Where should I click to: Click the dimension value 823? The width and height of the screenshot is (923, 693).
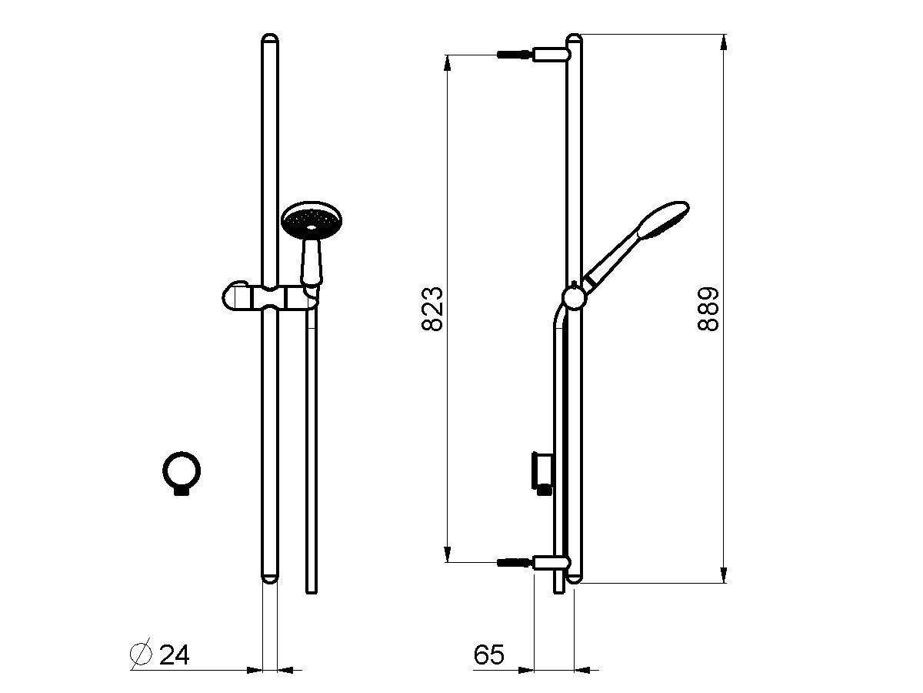pyautogui.click(x=434, y=309)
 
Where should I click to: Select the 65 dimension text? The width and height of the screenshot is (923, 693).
pyautogui.click(x=488, y=655)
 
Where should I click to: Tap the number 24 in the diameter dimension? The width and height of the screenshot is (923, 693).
pyautogui.click(x=174, y=655)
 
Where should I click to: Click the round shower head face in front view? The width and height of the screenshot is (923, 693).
pyautogui.click(x=311, y=219)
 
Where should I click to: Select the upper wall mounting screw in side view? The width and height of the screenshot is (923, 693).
pyautogui.click(x=515, y=55)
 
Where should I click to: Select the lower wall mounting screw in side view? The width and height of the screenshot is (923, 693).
pyautogui.click(x=515, y=563)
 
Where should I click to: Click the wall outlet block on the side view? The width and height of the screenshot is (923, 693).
pyautogui.click(x=541, y=469)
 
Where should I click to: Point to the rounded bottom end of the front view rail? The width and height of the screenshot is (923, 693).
pyautogui.click(x=270, y=578)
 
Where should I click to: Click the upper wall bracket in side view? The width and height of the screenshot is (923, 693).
pyautogui.click(x=550, y=55)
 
